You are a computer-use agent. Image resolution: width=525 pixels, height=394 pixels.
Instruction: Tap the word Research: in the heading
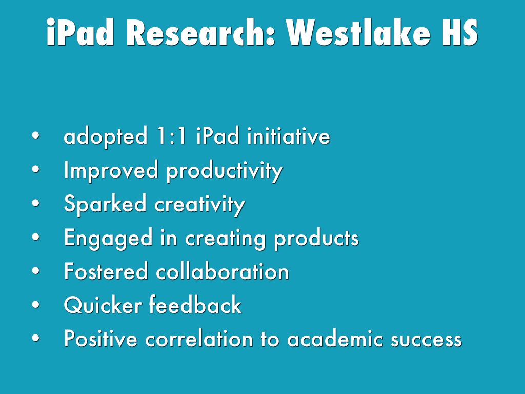click(x=201, y=32)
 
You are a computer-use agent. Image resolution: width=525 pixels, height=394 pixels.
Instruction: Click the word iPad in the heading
click(x=80, y=32)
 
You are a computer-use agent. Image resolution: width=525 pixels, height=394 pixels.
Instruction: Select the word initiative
click(x=289, y=136)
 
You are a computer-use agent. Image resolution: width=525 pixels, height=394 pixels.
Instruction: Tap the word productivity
click(x=225, y=171)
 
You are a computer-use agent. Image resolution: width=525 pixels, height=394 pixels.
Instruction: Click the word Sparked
click(x=105, y=204)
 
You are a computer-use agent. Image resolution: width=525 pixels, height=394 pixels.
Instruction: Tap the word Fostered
click(x=106, y=271)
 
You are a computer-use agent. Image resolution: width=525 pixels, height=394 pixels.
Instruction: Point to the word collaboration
click(x=223, y=271)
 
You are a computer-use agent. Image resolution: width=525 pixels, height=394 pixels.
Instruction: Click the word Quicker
click(x=103, y=305)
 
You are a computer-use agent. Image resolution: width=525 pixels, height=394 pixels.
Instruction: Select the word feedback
click(x=195, y=305)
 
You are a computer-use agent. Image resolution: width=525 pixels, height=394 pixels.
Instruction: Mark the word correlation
click(x=199, y=339)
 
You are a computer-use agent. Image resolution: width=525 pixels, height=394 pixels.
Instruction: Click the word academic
click(x=335, y=339)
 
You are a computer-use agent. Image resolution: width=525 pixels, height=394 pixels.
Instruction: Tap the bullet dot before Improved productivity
click(x=36, y=169)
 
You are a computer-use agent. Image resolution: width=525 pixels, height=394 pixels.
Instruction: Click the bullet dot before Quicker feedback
click(x=36, y=305)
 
